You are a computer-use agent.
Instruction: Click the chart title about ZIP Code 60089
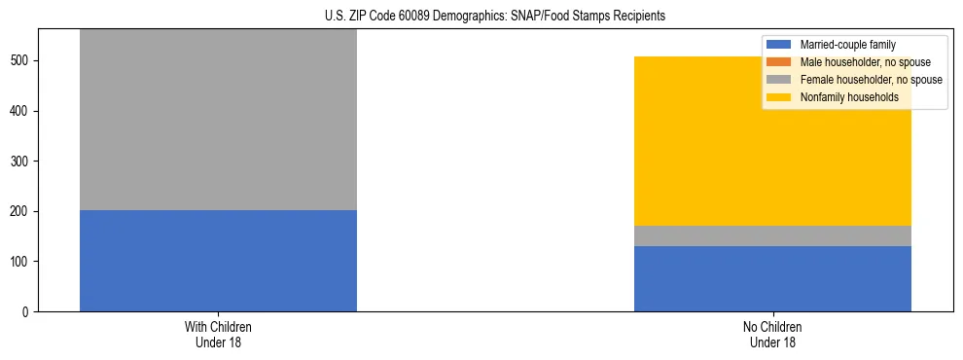tap(481, 17)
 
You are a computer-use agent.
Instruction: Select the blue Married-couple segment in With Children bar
tap(218, 261)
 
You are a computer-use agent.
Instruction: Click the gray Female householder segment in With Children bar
tap(218, 119)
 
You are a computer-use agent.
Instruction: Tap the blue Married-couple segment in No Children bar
tap(772, 278)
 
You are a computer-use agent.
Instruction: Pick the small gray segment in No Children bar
tap(772, 235)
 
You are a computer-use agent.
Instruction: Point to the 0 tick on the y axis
tap(28, 312)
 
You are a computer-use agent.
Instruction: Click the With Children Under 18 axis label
tap(218, 335)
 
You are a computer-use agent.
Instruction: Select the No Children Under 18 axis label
tap(772, 335)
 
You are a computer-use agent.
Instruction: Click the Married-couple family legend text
tap(847, 45)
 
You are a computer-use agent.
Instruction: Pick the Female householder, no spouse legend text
tap(872, 80)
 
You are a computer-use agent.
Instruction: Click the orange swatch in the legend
tap(779, 62)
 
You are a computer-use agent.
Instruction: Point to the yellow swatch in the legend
tap(779, 97)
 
